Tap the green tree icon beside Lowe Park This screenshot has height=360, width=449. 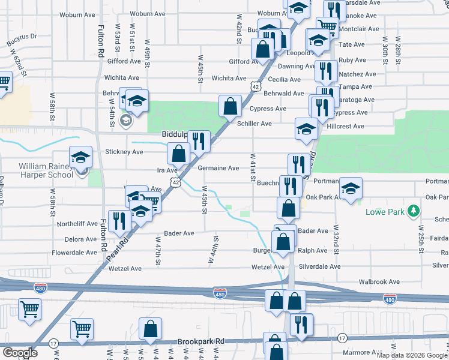(x=412, y=211)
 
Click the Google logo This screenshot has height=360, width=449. (x=20, y=352)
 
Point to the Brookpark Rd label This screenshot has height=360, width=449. (x=200, y=341)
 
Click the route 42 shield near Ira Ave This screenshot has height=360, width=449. (x=175, y=181)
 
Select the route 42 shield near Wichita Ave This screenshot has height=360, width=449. (x=256, y=88)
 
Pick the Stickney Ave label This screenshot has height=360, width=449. (x=124, y=152)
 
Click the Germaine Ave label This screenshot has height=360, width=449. (x=218, y=169)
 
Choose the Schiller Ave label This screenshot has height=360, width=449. (x=255, y=124)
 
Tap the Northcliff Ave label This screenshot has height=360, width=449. (x=77, y=223)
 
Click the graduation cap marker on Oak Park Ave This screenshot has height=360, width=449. (x=351, y=187)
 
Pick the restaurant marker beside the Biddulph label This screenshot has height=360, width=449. (x=199, y=140)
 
